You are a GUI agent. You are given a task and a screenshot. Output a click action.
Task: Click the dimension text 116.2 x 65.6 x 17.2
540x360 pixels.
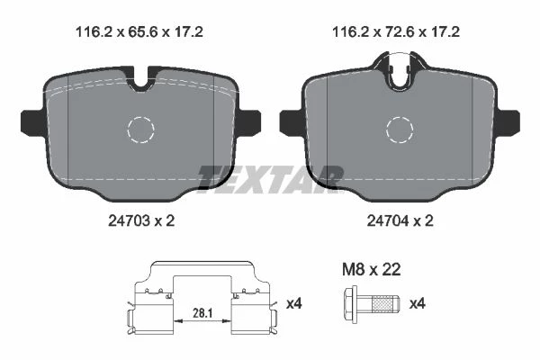tap(139, 32)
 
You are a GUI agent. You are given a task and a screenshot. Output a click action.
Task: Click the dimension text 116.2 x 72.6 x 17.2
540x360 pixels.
tap(396, 32)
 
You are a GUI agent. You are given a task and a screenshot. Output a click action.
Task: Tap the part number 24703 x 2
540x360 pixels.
tap(141, 220)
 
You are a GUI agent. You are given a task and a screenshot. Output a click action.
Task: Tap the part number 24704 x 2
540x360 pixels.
tap(400, 220)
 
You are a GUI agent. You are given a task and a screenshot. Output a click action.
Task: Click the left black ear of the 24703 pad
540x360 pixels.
tap(32, 123)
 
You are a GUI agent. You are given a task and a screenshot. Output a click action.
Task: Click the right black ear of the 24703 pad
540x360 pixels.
tap(248, 123)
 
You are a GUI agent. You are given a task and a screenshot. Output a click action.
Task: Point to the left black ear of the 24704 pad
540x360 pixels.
tap(292, 123)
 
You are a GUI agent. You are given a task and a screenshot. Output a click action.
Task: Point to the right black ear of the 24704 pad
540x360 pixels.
tap(508, 123)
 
